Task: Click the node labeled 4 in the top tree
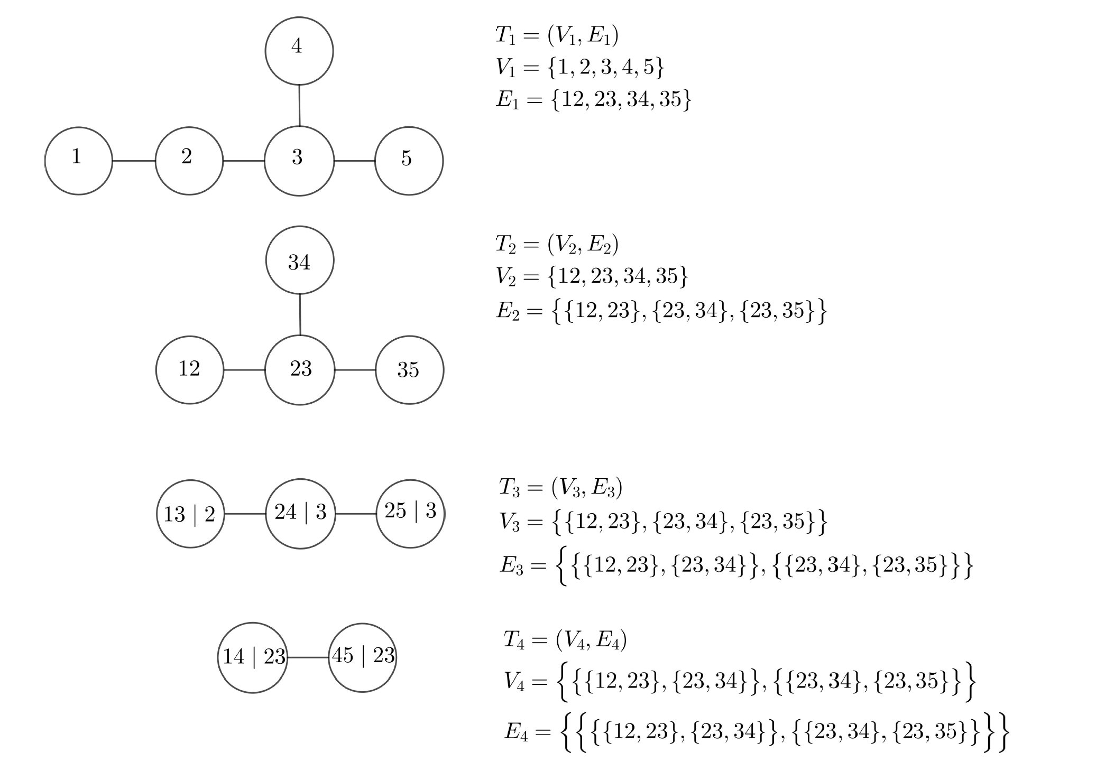click(299, 51)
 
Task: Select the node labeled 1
click(79, 161)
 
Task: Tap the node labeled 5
click(409, 161)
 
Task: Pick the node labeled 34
click(300, 260)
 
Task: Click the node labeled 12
click(190, 370)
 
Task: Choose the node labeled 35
click(410, 370)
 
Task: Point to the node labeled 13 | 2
click(190, 514)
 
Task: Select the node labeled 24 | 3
click(300, 514)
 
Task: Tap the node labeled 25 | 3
click(410, 514)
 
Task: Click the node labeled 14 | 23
click(253, 657)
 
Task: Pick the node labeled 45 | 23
click(362, 657)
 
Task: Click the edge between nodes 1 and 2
click(134, 161)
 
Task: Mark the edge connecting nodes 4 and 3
click(299, 106)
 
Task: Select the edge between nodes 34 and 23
click(300, 314)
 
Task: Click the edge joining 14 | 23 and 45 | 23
click(308, 657)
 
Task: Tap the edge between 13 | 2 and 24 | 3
click(245, 514)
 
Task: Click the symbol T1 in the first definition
click(505, 35)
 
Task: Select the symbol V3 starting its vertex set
click(510, 523)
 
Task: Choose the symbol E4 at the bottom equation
click(516, 732)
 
